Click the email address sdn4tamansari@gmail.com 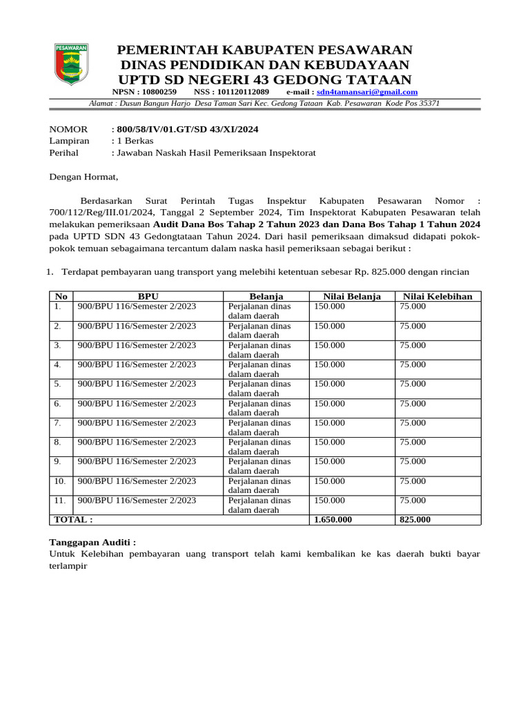(x=367, y=92)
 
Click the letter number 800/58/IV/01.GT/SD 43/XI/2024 (x=188, y=129)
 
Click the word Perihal (x=64, y=153)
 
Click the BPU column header (x=148, y=296)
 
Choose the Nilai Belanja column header (x=352, y=296)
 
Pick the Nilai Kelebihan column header (x=438, y=296)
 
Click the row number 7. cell (x=58, y=423)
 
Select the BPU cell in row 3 (x=137, y=345)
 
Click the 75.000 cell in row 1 (x=413, y=307)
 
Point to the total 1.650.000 (x=333, y=519)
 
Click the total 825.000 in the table (x=415, y=519)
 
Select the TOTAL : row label (x=73, y=519)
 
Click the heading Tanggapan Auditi (x=93, y=543)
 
